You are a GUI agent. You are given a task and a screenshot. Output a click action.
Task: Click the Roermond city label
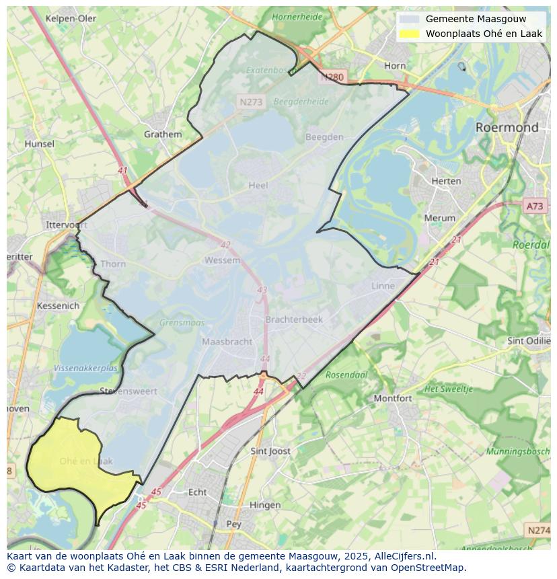507,127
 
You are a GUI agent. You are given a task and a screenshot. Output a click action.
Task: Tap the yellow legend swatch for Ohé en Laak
409,34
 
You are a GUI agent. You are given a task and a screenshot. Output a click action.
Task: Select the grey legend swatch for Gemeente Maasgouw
409,19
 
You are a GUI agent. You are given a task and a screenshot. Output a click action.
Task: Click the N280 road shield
332,77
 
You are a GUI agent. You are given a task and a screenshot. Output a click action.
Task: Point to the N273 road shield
251,102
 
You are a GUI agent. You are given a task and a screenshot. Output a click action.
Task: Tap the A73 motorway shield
535,206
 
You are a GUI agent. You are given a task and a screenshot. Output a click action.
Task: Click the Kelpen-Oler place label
71,18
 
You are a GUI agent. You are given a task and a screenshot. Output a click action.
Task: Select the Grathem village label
163,134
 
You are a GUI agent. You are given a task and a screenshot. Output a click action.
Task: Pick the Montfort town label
392,398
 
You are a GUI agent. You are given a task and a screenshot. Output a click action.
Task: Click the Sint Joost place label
270,451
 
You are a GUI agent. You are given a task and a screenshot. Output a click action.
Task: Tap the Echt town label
197,492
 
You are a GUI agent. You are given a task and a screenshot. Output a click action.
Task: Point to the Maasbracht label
227,342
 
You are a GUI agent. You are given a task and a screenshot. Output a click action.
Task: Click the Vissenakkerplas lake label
85,369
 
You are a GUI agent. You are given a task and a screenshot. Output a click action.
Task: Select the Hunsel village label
39,144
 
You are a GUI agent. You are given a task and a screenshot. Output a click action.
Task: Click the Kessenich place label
58,305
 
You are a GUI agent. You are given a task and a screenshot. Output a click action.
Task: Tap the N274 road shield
538,531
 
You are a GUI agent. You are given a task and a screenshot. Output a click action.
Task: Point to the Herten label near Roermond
446,181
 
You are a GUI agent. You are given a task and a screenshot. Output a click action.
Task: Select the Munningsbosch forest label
519,451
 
